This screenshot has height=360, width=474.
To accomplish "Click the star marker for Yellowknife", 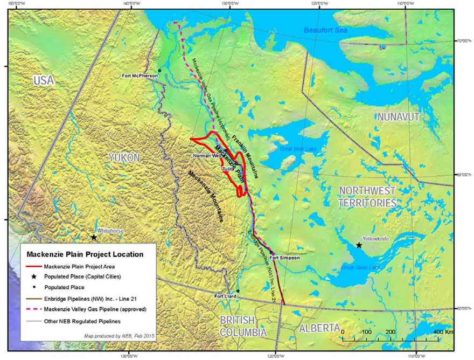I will pos(359,245).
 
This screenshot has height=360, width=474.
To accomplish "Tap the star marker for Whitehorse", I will pos(94,237).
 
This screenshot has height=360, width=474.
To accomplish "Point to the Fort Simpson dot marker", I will pos(271,253).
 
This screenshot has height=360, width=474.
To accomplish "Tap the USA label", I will pos(44,80).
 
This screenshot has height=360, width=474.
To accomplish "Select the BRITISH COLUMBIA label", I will pos(242,327).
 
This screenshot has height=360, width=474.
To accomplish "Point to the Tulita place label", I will pos(229,170).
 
